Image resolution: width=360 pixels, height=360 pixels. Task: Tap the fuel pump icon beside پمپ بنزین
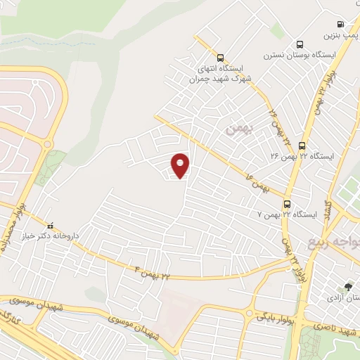[x=341, y=23]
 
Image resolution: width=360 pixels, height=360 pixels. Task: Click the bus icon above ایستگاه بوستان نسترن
[x=301, y=44]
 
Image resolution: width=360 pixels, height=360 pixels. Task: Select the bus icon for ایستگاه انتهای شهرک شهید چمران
[x=221, y=58]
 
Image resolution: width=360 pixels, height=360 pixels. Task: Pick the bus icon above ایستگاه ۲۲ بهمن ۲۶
[x=302, y=145]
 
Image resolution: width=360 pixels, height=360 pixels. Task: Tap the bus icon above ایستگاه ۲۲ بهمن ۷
[x=287, y=203]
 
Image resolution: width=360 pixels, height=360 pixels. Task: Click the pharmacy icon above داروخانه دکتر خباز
[x=49, y=226]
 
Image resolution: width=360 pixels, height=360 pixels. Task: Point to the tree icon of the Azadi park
[x=348, y=286]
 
